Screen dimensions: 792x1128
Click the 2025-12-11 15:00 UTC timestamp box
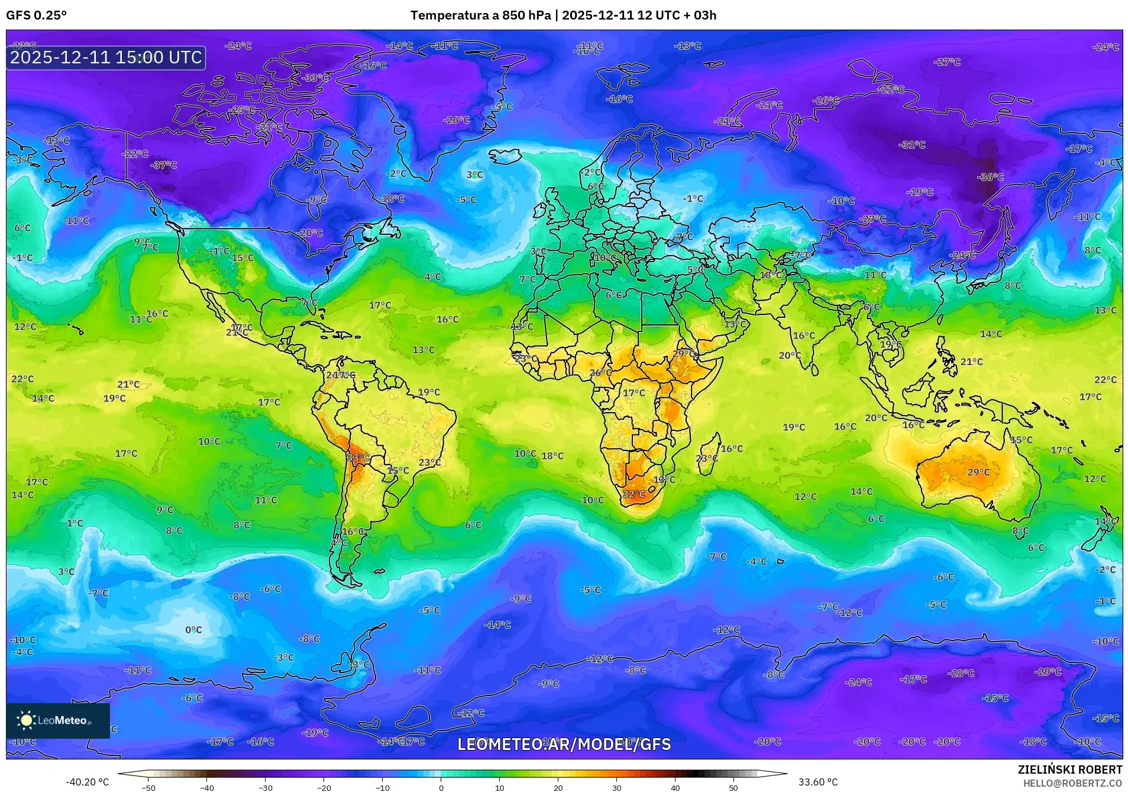(106, 57)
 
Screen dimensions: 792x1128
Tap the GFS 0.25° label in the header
(36, 15)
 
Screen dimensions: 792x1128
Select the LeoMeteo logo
(57, 720)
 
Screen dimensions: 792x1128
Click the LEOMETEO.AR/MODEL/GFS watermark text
(564, 744)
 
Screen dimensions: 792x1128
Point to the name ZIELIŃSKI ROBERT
(1069, 770)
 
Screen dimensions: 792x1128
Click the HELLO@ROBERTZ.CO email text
(1072, 783)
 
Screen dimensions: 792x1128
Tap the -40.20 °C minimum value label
(87, 782)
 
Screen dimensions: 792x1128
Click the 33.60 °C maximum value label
(817, 782)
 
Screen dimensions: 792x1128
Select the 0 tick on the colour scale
(441, 787)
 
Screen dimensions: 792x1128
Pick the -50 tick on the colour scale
(148, 787)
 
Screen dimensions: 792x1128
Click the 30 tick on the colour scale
(616, 787)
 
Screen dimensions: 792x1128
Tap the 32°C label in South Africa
(634, 494)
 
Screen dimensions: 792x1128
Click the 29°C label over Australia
(978, 472)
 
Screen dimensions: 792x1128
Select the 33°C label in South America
(358, 458)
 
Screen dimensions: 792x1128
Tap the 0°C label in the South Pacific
(193, 630)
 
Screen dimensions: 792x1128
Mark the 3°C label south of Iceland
(474, 175)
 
